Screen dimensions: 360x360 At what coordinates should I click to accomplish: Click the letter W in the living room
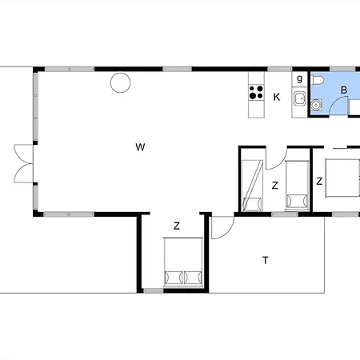tap(140, 147)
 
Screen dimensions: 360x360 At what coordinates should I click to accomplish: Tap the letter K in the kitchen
tap(277, 97)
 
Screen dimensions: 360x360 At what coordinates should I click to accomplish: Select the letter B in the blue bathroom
tap(344, 90)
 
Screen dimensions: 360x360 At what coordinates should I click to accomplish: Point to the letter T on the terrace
tap(266, 260)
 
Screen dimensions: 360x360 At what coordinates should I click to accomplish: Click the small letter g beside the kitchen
tap(300, 78)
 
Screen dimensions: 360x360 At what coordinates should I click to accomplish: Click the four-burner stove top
tap(256, 92)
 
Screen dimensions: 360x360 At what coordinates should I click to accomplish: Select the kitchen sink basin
tap(300, 99)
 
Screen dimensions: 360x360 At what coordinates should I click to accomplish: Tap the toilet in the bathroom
tap(318, 80)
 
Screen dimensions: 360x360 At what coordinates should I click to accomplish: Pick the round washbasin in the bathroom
tap(316, 105)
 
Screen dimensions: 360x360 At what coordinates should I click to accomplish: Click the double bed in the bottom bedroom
tap(183, 262)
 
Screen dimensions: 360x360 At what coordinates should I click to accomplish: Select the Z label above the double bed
tap(177, 226)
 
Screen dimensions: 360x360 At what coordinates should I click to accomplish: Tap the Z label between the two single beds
tap(275, 186)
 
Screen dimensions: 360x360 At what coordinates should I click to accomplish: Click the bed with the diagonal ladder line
tap(252, 186)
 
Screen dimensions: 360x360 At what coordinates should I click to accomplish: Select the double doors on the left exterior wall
tap(23, 164)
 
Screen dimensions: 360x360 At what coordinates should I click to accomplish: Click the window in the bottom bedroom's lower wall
tap(154, 290)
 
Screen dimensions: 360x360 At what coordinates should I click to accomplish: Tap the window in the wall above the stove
tap(279, 70)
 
